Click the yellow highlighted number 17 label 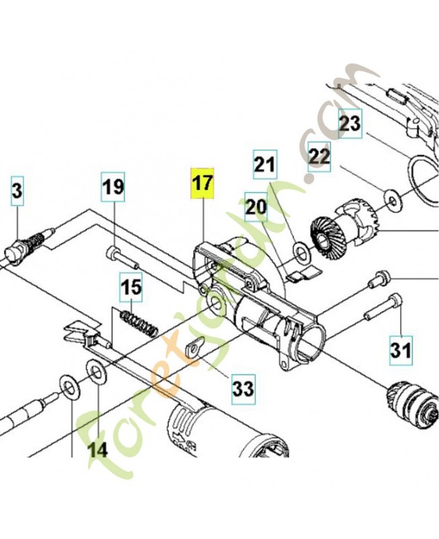tap(202, 183)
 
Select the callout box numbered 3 tap(17, 191)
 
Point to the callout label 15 tap(132, 287)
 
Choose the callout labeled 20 tap(256, 207)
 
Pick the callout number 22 tap(320, 157)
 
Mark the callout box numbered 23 tap(349, 123)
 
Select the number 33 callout tap(243, 388)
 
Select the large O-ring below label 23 tap(424, 182)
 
